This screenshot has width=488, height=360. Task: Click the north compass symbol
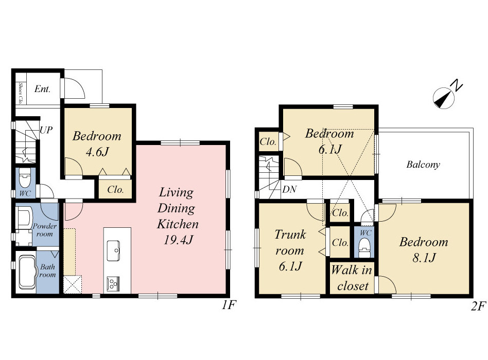[444, 98]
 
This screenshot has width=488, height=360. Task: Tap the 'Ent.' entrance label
[42, 89]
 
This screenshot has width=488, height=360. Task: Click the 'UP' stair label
[46, 130]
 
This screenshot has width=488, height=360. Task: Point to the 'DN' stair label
[289, 189]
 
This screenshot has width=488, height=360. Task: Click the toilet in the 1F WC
[25, 177]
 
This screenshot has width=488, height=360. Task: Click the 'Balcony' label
[423, 165]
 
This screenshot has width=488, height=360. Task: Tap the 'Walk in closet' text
[352, 278]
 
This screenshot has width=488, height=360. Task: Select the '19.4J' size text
[178, 240]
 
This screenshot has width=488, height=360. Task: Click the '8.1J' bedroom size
[424, 258]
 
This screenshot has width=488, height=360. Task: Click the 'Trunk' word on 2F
[290, 235]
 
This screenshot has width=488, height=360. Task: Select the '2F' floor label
[478, 307]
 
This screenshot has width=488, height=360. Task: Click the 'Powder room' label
[45, 230]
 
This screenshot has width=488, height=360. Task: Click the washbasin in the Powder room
[24, 217]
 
